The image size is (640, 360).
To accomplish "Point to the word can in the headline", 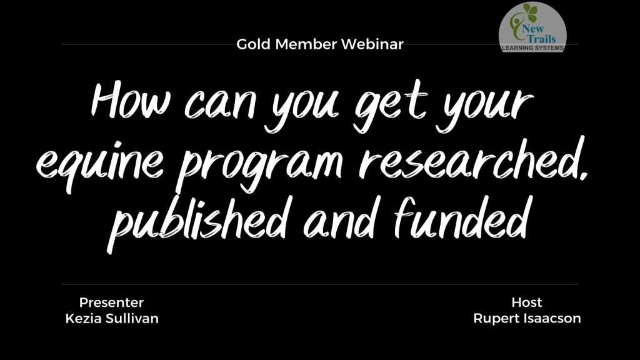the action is [221, 104].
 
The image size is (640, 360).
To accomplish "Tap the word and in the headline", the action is [339, 221].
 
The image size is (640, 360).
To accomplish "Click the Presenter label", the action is [111, 302].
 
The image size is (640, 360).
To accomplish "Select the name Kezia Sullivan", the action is [112, 318].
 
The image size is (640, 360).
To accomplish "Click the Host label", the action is [526, 302].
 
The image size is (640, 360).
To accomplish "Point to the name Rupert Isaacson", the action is [527, 318].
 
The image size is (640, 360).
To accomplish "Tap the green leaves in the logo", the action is [529, 12].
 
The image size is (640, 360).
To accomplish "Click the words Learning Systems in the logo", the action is [532, 47].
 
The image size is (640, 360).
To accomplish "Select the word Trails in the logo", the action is [541, 39].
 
